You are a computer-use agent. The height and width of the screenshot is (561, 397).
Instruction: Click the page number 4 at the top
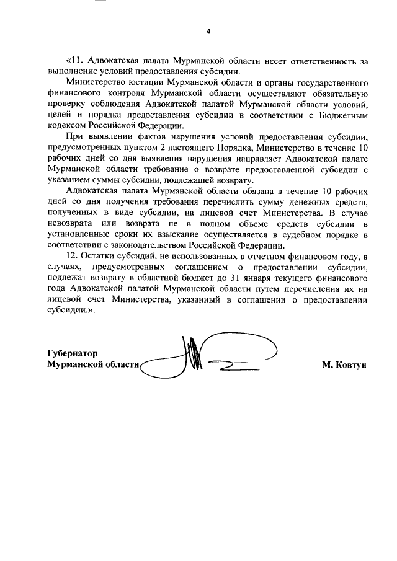208,31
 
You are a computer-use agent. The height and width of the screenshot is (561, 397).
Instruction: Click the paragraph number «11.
74,61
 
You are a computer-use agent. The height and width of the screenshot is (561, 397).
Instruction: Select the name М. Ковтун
344,364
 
